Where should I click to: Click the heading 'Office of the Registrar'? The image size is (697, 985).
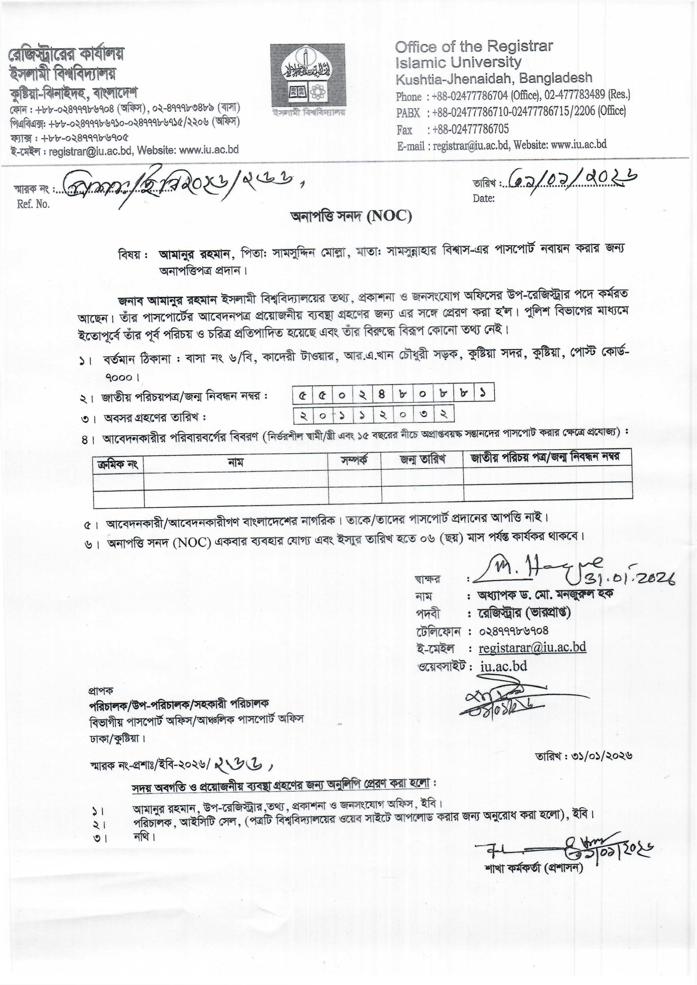[474, 46]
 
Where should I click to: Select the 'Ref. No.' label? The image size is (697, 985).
[33, 204]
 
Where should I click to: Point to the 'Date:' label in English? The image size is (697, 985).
[484, 198]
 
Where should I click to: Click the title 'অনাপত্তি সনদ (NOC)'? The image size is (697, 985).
[351, 217]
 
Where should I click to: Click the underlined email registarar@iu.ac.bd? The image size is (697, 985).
[532, 647]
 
